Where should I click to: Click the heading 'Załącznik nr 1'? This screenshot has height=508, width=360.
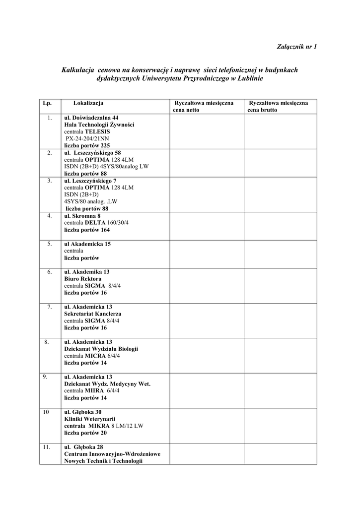tap(296, 47)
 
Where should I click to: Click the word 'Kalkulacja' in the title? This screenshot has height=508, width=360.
tap(78, 70)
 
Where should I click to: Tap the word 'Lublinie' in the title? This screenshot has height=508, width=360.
tap(250, 78)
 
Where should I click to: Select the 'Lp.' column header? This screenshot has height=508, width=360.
tap(47, 103)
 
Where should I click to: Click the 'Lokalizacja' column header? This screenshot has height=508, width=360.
tap(88, 103)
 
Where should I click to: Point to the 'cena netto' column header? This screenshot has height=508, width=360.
tap(186, 110)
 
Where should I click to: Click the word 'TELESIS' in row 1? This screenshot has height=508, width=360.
tap(97, 132)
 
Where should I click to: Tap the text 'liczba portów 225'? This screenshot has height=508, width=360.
tap(87, 146)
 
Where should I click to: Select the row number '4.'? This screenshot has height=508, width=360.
tap(50, 216)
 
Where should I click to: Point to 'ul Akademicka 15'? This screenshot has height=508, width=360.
tap(87, 244)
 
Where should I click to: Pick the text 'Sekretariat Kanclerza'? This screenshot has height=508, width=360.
tap(92, 314)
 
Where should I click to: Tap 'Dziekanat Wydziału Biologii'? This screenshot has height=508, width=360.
tap(101, 349)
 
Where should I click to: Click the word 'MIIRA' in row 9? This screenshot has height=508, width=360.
tap(96, 390)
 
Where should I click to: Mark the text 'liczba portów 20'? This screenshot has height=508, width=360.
tap(85, 433)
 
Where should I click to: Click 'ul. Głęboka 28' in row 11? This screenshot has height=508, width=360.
tap(83, 446)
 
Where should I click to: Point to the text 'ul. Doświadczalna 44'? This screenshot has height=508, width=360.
tap(91, 118)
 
